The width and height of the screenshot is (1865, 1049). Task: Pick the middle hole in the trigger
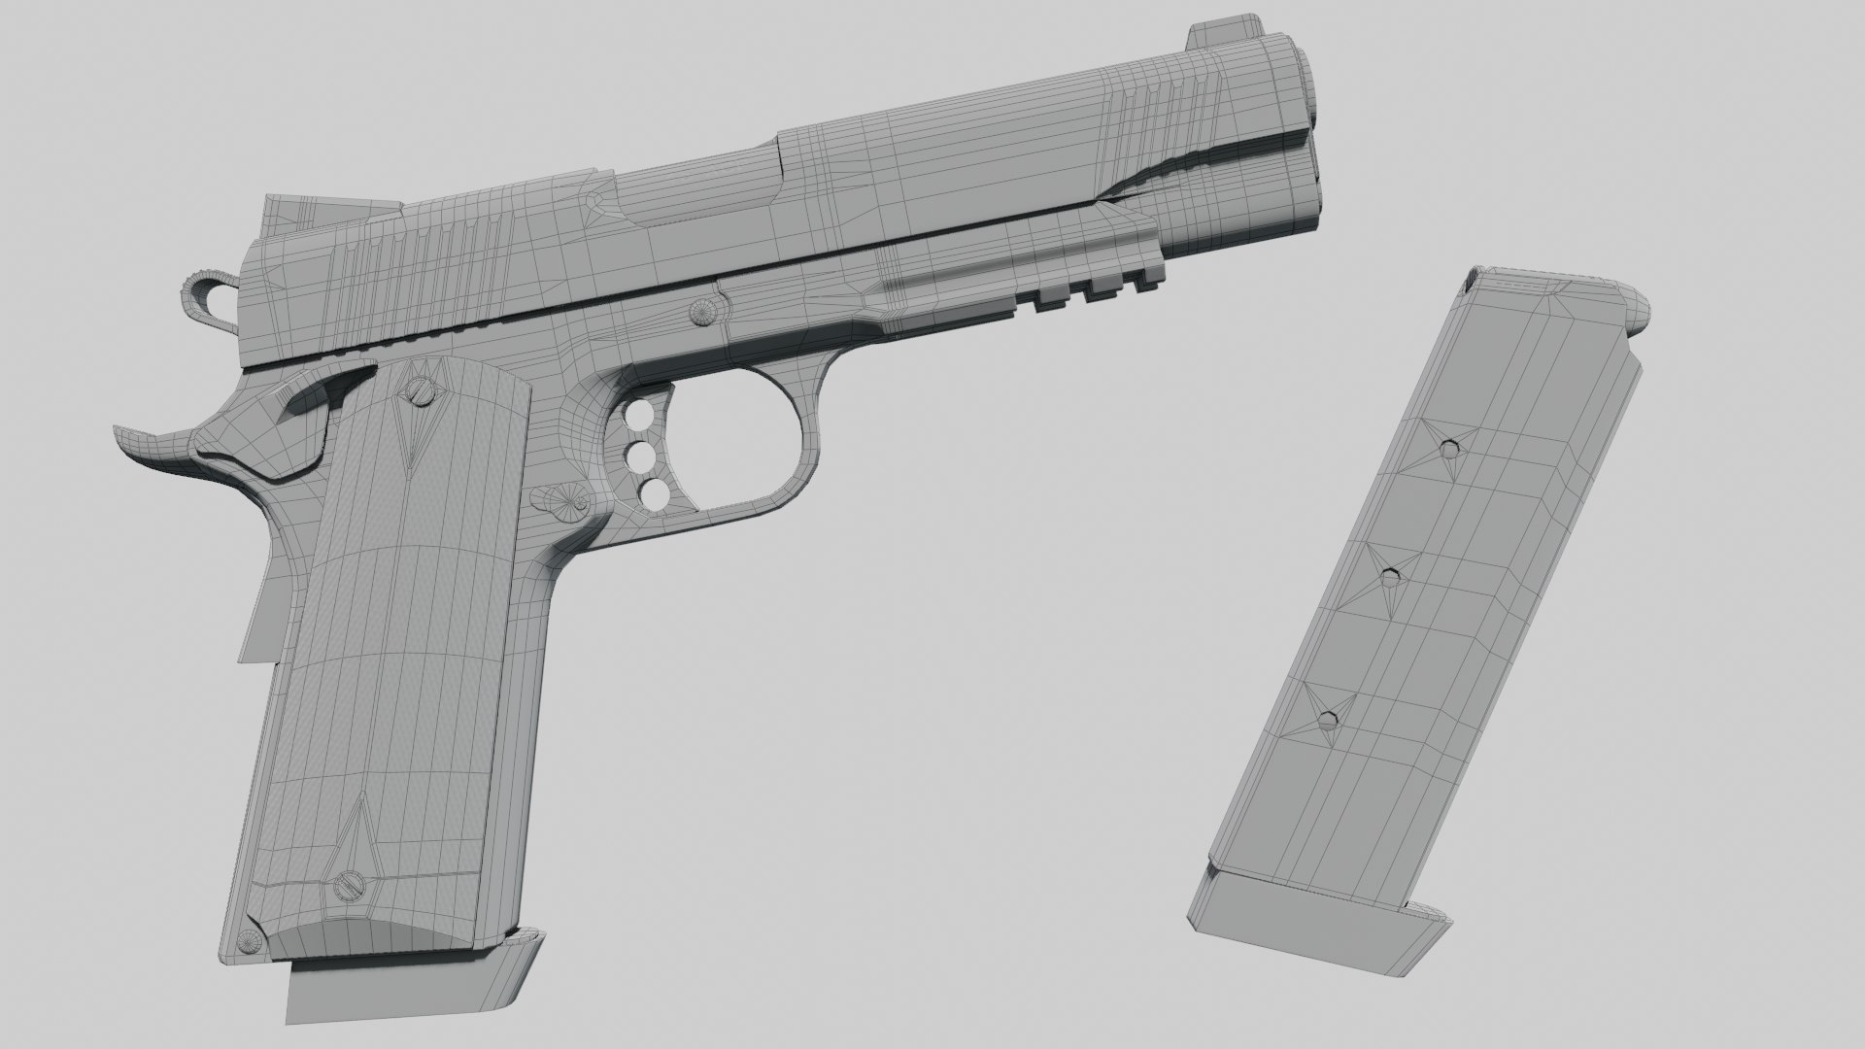click(642, 457)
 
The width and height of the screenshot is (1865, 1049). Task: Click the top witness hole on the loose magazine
click(1450, 449)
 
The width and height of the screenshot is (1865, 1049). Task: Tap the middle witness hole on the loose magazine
click(1391, 577)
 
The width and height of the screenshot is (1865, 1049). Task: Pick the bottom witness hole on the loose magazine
click(1328, 720)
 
